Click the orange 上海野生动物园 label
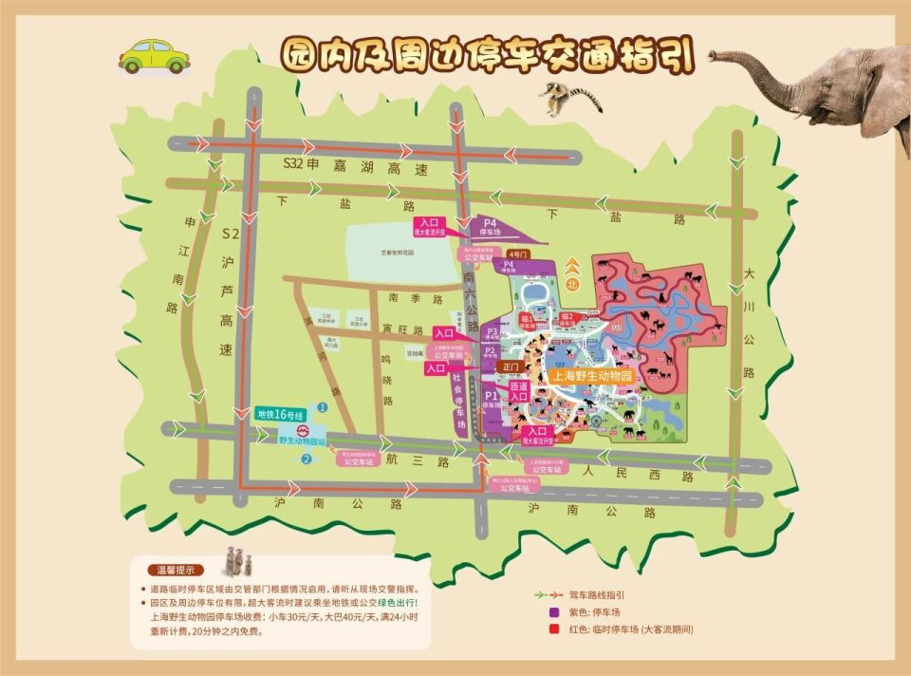(x=591, y=375)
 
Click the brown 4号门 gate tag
(x=516, y=254)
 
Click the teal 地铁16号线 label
(x=279, y=415)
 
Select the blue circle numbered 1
(x=322, y=407)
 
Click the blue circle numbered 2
(x=306, y=460)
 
